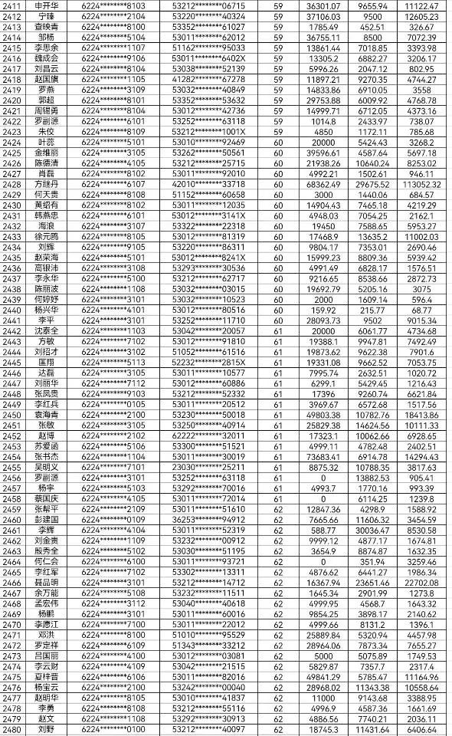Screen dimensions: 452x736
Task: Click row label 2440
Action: (x=13, y=309)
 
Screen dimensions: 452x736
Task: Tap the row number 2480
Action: (x=13, y=730)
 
